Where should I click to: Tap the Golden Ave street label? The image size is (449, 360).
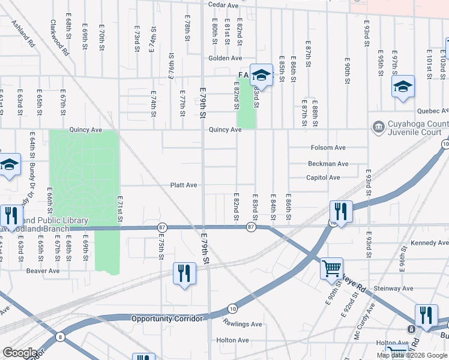pyautogui.click(x=225, y=58)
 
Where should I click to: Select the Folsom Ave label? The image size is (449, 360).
pyautogui.click(x=328, y=148)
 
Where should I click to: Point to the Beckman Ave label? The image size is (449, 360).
pyautogui.click(x=328, y=164)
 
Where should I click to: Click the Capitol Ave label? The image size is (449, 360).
pyautogui.click(x=323, y=178)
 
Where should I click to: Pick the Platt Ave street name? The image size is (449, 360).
pyautogui.click(x=184, y=185)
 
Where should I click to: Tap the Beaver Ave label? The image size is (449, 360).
pyautogui.click(x=43, y=271)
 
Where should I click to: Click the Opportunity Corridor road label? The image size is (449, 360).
pyautogui.click(x=167, y=319)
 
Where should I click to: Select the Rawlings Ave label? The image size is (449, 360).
pyautogui.click(x=243, y=324)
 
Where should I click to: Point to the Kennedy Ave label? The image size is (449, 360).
pyautogui.click(x=429, y=243)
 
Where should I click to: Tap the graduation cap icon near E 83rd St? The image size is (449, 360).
pyautogui.click(x=261, y=74)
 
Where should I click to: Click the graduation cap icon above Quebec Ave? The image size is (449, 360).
pyautogui.click(x=403, y=86)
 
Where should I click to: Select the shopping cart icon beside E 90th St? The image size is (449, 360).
pyautogui.click(x=331, y=268)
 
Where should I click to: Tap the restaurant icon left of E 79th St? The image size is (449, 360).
pyautogui.click(x=184, y=274)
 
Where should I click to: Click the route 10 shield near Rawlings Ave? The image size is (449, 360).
pyautogui.click(x=232, y=309)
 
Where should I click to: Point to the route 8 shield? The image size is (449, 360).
pyautogui.click(x=60, y=337)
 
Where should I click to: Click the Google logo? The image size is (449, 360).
pyautogui.click(x=20, y=353)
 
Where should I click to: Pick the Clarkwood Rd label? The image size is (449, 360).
pyautogui.click(x=59, y=37)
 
